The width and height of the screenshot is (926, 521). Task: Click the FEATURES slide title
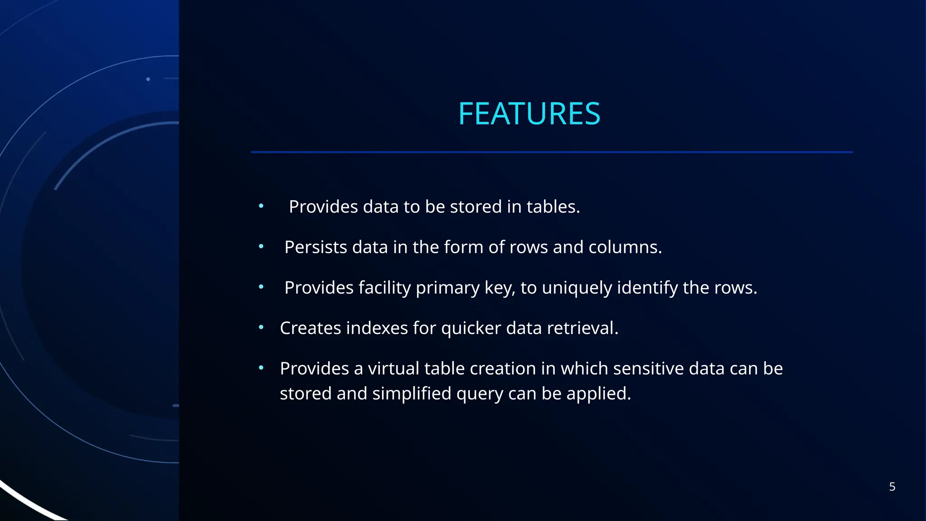[x=529, y=114]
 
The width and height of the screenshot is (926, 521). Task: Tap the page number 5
[x=892, y=487]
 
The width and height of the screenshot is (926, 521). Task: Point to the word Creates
[x=310, y=328]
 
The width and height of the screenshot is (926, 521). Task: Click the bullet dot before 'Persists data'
[x=261, y=246]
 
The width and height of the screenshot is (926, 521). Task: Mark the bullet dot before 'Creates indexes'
[x=261, y=327]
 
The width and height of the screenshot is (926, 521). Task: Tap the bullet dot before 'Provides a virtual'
[x=261, y=368]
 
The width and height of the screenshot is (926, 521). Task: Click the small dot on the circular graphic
[x=148, y=79]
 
